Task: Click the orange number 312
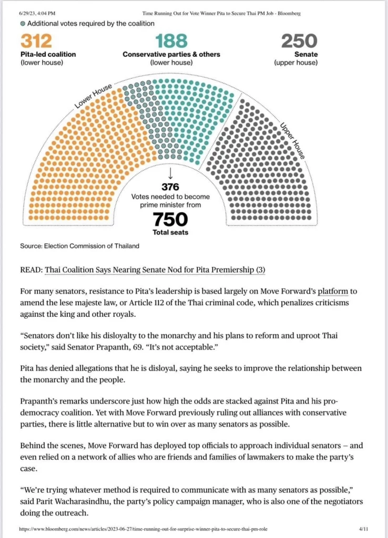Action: point(36,41)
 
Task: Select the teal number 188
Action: point(171,41)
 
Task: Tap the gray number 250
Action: point(299,41)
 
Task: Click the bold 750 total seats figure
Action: point(170,219)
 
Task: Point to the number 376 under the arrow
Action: point(170,187)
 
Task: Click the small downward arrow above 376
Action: point(170,173)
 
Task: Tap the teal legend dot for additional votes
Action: point(23,24)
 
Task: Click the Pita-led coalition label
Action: point(48,54)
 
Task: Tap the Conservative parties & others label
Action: point(171,54)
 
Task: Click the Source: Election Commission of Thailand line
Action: point(79,246)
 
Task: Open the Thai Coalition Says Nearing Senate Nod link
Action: point(155,270)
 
